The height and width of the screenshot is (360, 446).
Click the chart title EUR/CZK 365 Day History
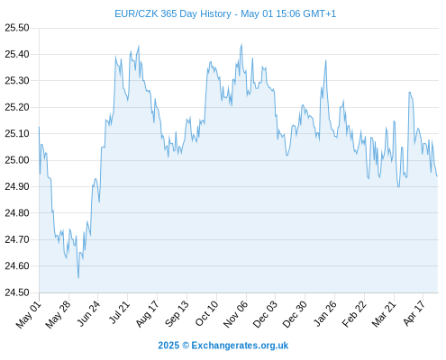click(173, 13)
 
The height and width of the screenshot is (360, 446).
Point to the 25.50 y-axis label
click(17, 28)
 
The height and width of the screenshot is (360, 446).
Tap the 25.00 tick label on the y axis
click(17, 160)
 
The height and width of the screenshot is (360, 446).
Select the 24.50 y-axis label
click(17, 292)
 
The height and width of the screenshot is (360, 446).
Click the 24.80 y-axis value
click(17, 213)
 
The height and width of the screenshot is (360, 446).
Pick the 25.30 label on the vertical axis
click(17, 81)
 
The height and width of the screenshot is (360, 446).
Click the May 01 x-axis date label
click(29, 314)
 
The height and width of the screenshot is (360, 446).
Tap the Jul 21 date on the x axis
click(119, 312)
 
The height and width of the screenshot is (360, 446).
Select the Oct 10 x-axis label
click(206, 313)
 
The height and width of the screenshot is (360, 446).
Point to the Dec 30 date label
click(295, 314)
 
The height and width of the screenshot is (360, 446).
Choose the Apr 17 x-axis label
click(414, 313)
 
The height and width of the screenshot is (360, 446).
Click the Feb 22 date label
click(354, 314)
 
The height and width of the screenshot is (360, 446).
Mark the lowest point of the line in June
click(78, 278)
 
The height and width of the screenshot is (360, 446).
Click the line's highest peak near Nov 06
click(241, 44)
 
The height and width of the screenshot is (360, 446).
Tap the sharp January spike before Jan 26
click(325, 60)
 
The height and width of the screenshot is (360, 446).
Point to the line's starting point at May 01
click(39, 127)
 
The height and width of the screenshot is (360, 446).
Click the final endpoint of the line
click(437, 176)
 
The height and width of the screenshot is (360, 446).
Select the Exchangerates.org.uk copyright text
click(240, 346)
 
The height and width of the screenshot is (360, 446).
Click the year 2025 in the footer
click(168, 346)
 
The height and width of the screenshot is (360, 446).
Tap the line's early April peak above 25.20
click(409, 93)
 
